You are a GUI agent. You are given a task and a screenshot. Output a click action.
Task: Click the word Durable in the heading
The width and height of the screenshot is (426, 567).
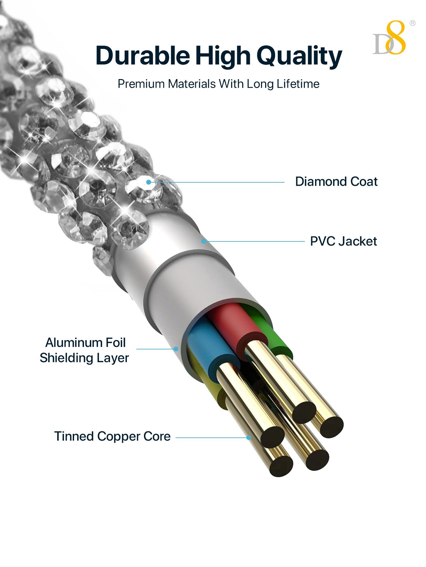point(142,56)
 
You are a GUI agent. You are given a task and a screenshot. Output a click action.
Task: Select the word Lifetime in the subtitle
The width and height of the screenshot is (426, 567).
point(298,84)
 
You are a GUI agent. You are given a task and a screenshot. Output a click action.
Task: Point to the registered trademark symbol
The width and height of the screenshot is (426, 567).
point(412,23)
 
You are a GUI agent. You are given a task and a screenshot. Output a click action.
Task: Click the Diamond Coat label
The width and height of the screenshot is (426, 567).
point(336,182)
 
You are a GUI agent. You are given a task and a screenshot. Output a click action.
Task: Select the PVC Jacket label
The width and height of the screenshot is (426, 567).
point(343,241)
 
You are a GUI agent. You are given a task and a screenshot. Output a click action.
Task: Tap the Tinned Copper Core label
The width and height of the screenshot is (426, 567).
point(112,436)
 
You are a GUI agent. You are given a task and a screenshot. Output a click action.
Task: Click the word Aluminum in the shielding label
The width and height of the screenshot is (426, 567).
point(69,342)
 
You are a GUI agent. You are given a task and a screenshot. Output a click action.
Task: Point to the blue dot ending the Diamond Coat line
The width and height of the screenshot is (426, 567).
point(148,182)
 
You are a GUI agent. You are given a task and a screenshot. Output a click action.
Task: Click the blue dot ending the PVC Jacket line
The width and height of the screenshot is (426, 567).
point(203,241)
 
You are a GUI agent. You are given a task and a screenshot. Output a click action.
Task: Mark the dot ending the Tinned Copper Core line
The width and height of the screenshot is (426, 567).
point(249,437)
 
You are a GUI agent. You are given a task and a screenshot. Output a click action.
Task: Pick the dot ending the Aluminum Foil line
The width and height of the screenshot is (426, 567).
point(176,349)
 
